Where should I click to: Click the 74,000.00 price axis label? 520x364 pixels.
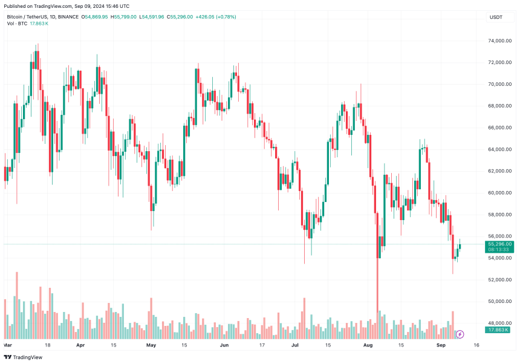click(499, 41)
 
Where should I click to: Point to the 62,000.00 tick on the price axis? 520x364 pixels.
click(499, 171)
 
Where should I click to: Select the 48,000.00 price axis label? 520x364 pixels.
click(499, 323)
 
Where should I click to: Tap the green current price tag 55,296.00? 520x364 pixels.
click(499, 244)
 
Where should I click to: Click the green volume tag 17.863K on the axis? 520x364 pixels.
click(499, 330)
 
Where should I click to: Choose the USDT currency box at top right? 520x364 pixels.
click(495, 17)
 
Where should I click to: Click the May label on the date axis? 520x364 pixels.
click(151, 345)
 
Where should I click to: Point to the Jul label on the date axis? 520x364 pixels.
click(296, 345)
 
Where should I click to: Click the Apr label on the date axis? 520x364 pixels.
click(80, 345)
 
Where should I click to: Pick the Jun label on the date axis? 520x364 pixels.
click(224, 345)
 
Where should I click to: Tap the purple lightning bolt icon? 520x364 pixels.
click(460, 334)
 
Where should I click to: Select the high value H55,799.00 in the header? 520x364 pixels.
click(125, 17)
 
